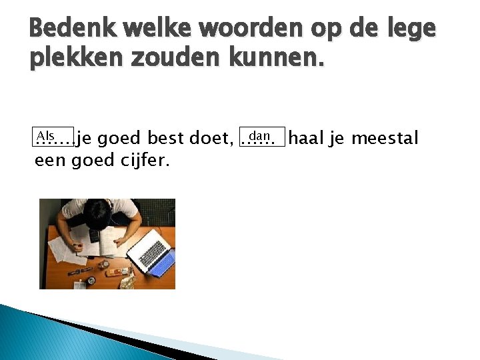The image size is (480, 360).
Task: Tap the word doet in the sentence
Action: coord(210,139)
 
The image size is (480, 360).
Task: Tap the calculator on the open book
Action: coord(94,235)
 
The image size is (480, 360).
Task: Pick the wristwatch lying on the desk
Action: coord(80,271)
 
